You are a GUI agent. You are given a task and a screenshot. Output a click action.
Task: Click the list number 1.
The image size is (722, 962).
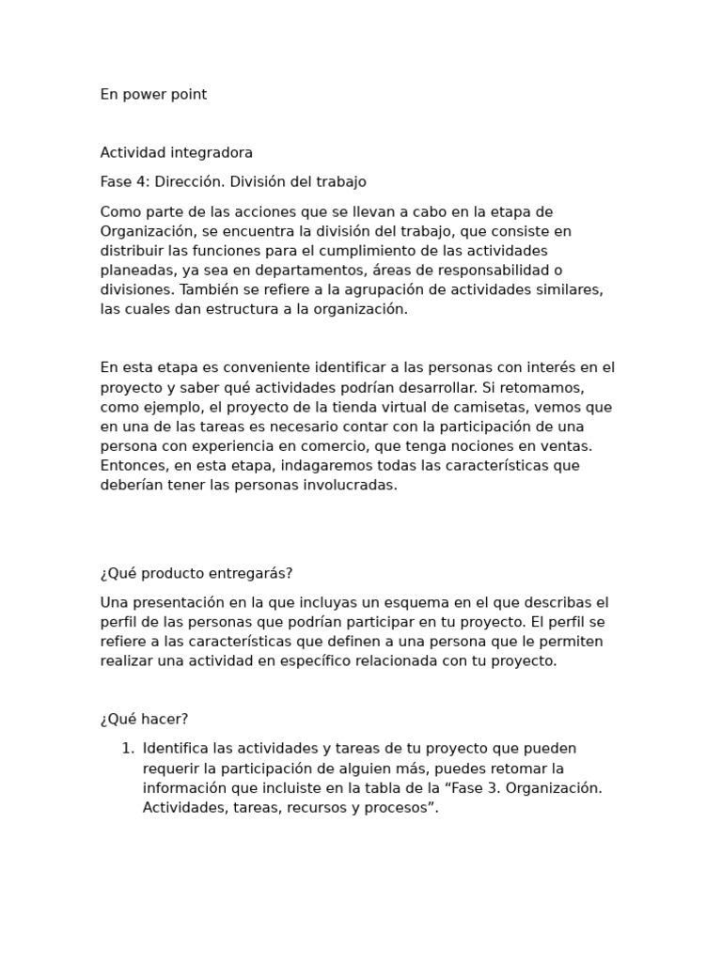pos(127,749)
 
